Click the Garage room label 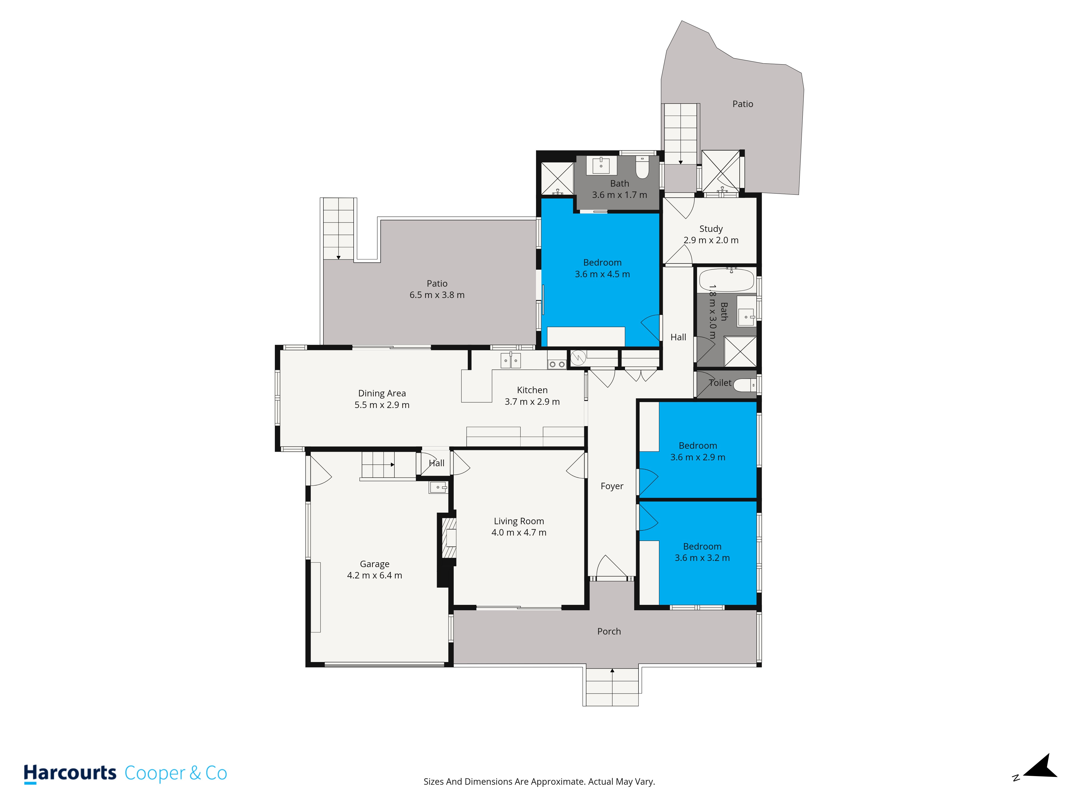point(375,564)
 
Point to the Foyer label point(612,486)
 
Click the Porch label point(609,632)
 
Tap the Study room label point(711,229)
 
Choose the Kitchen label point(532,390)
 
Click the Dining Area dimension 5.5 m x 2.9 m point(382,405)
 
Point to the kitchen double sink point(510,360)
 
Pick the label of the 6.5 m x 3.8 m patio point(437,283)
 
